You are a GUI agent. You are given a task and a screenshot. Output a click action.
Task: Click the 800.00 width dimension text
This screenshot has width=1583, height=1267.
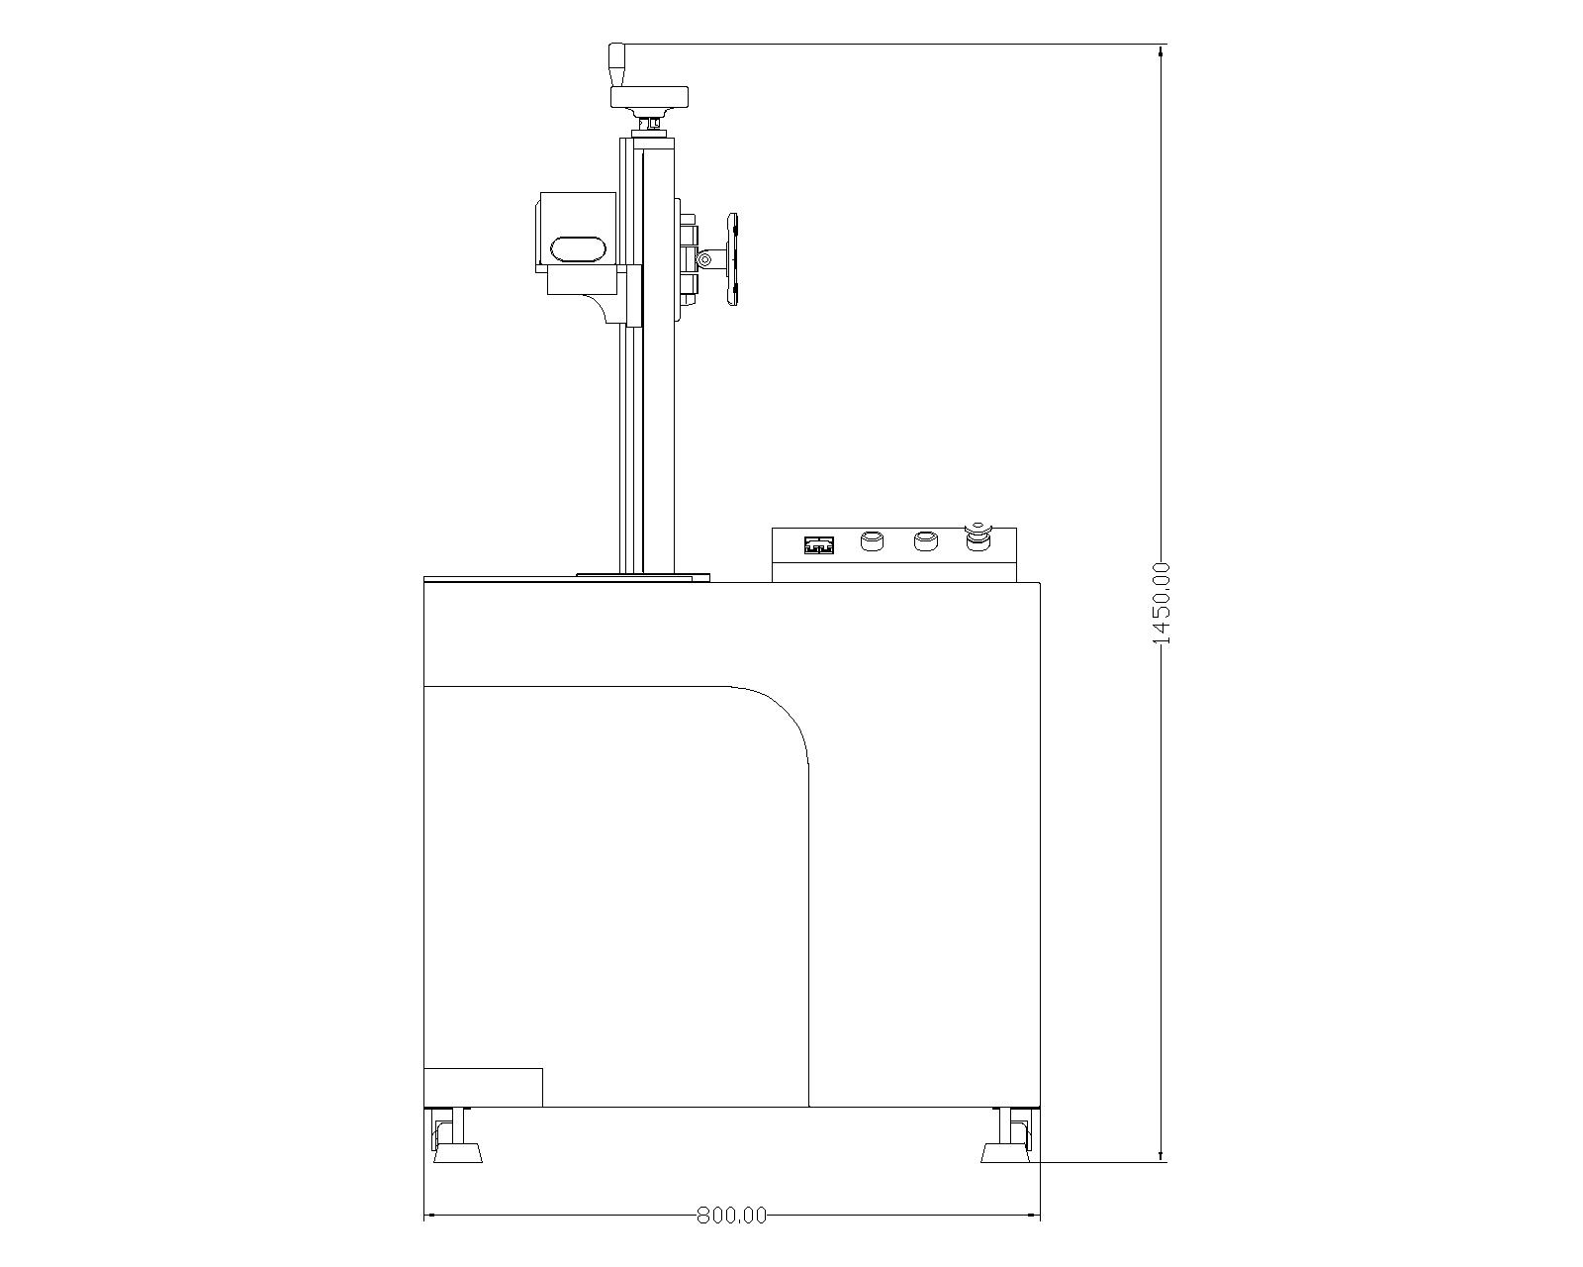(x=731, y=1216)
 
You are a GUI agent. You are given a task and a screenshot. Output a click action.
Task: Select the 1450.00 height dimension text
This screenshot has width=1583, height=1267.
(x=1162, y=603)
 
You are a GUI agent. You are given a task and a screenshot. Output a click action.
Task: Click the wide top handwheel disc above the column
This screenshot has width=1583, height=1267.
(x=649, y=98)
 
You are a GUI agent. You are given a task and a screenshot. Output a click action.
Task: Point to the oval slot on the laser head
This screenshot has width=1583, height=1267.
(x=576, y=248)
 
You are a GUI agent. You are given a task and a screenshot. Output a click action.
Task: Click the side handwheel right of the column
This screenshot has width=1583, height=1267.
(x=733, y=259)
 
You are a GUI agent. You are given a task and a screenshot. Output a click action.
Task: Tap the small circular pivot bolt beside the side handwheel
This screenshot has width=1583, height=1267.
(x=705, y=260)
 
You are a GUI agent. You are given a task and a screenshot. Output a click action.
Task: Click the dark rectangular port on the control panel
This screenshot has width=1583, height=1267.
(x=819, y=544)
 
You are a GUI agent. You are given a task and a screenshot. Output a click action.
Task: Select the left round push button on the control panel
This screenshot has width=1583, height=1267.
(x=872, y=542)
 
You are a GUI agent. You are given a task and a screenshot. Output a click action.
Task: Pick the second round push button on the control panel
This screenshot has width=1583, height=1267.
(x=925, y=542)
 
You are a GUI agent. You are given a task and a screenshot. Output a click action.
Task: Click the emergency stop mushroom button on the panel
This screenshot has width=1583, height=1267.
(x=978, y=538)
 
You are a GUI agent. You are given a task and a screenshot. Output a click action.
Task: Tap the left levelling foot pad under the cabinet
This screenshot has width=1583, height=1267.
(x=457, y=1153)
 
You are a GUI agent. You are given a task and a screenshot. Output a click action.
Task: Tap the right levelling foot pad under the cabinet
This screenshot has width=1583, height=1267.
(x=1004, y=1153)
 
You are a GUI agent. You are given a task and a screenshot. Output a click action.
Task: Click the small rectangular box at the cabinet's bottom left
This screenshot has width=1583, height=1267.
(x=483, y=1087)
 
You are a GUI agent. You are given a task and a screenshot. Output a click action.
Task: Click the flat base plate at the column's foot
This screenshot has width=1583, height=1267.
(x=643, y=574)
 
